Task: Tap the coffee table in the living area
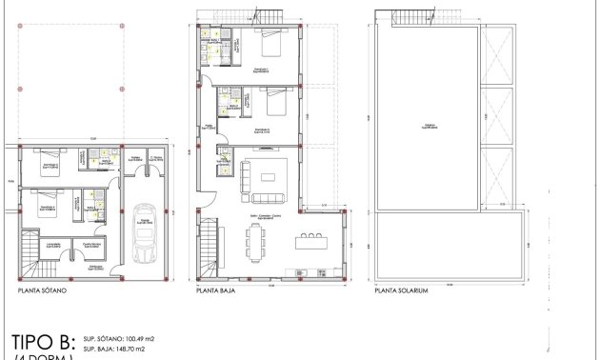coord(270,175)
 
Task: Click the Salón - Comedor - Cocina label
coord(270,217)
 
